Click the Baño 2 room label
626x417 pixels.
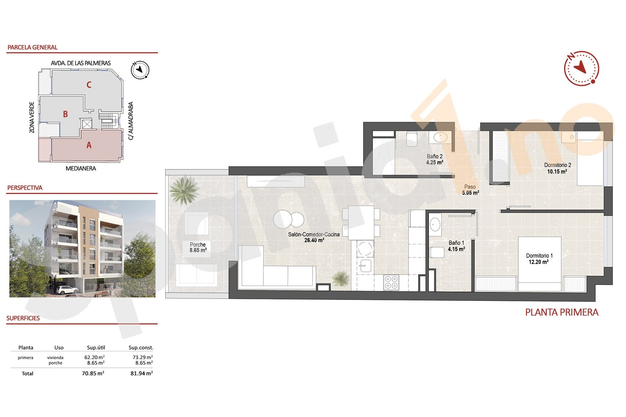[434, 156]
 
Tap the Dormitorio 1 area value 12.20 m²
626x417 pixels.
[538, 262]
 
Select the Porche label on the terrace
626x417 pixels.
[198, 244]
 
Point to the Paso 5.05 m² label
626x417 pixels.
[470, 190]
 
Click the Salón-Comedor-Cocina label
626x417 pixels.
[314, 234]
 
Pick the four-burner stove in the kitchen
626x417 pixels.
[391, 282]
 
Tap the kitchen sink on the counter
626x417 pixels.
[365, 266]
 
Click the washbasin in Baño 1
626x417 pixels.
[435, 225]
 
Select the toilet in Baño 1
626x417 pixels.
[437, 252]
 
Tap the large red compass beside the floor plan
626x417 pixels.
[581, 68]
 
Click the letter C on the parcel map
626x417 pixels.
[89, 85]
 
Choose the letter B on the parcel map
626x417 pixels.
[65, 114]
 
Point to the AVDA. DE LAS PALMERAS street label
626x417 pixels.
[81, 63]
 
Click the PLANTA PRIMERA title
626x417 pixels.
[561, 312]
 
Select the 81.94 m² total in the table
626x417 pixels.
[141, 374]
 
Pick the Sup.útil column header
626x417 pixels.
[96, 347]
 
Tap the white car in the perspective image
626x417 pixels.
[67, 289]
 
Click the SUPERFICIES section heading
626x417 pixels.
[23, 318]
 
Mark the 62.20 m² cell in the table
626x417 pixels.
[94, 357]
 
